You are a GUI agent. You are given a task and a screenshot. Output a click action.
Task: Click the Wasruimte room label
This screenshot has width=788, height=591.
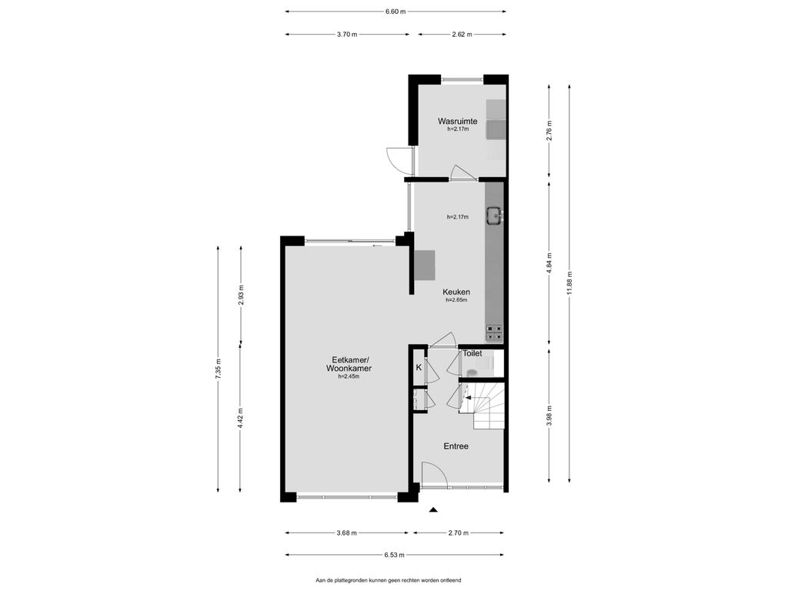tap(457, 121)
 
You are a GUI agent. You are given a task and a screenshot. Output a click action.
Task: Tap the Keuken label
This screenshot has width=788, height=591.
tap(456, 292)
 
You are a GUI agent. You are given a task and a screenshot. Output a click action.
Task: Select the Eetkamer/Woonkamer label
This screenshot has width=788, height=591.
tap(349, 364)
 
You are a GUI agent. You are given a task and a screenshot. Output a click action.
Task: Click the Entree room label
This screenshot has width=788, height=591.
tap(456, 446)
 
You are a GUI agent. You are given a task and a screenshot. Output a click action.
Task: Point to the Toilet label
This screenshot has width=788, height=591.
tap(472, 353)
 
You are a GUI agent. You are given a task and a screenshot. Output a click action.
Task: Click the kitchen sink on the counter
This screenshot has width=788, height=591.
tap(493, 215)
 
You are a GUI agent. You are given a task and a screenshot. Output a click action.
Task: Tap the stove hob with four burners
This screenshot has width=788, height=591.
tap(493, 332)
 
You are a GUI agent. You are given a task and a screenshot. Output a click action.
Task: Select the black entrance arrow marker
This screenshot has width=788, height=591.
tap(433, 509)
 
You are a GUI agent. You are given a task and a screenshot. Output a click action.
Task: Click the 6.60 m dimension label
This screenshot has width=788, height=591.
tap(396, 11)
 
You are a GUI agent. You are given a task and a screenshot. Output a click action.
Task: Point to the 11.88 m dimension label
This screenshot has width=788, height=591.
tap(569, 285)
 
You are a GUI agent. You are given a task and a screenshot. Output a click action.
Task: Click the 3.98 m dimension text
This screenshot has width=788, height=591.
tap(549, 416)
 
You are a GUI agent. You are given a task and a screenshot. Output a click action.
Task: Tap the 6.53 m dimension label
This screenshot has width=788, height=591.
tap(395, 555)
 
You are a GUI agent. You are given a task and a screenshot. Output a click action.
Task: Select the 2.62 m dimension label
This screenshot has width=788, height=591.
tap(462, 34)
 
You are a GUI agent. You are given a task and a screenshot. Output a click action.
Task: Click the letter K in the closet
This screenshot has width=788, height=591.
tap(419, 367)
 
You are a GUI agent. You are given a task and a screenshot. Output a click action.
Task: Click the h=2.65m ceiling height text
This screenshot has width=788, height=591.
tap(456, 300)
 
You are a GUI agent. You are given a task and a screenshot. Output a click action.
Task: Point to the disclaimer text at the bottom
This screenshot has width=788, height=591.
tap(388, 580)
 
